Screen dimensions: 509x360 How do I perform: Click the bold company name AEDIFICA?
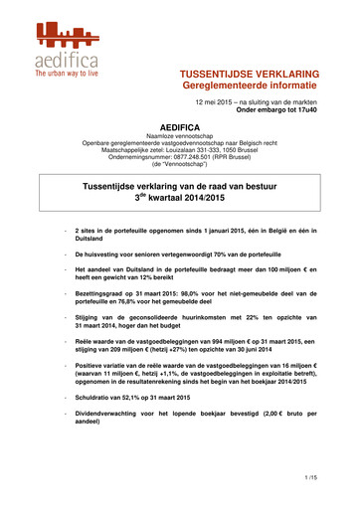tap(179, 144)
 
